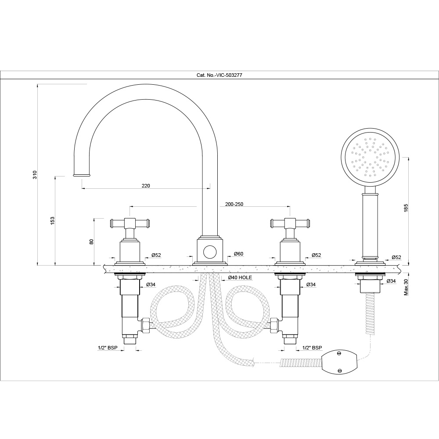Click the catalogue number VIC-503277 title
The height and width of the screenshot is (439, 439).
tap(219, 75)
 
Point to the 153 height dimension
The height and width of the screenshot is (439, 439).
tap(53, 220)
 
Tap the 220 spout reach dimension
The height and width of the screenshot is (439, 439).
tap(146, 186)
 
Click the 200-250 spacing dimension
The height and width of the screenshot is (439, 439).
tap(234, 204)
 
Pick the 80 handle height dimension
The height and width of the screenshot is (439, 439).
tap(92, 241)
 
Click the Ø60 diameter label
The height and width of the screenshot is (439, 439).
tap(238, 254)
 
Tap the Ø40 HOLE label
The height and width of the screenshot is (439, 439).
tap(240, 277)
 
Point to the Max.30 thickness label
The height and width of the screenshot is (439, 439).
tap(406, 286)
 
